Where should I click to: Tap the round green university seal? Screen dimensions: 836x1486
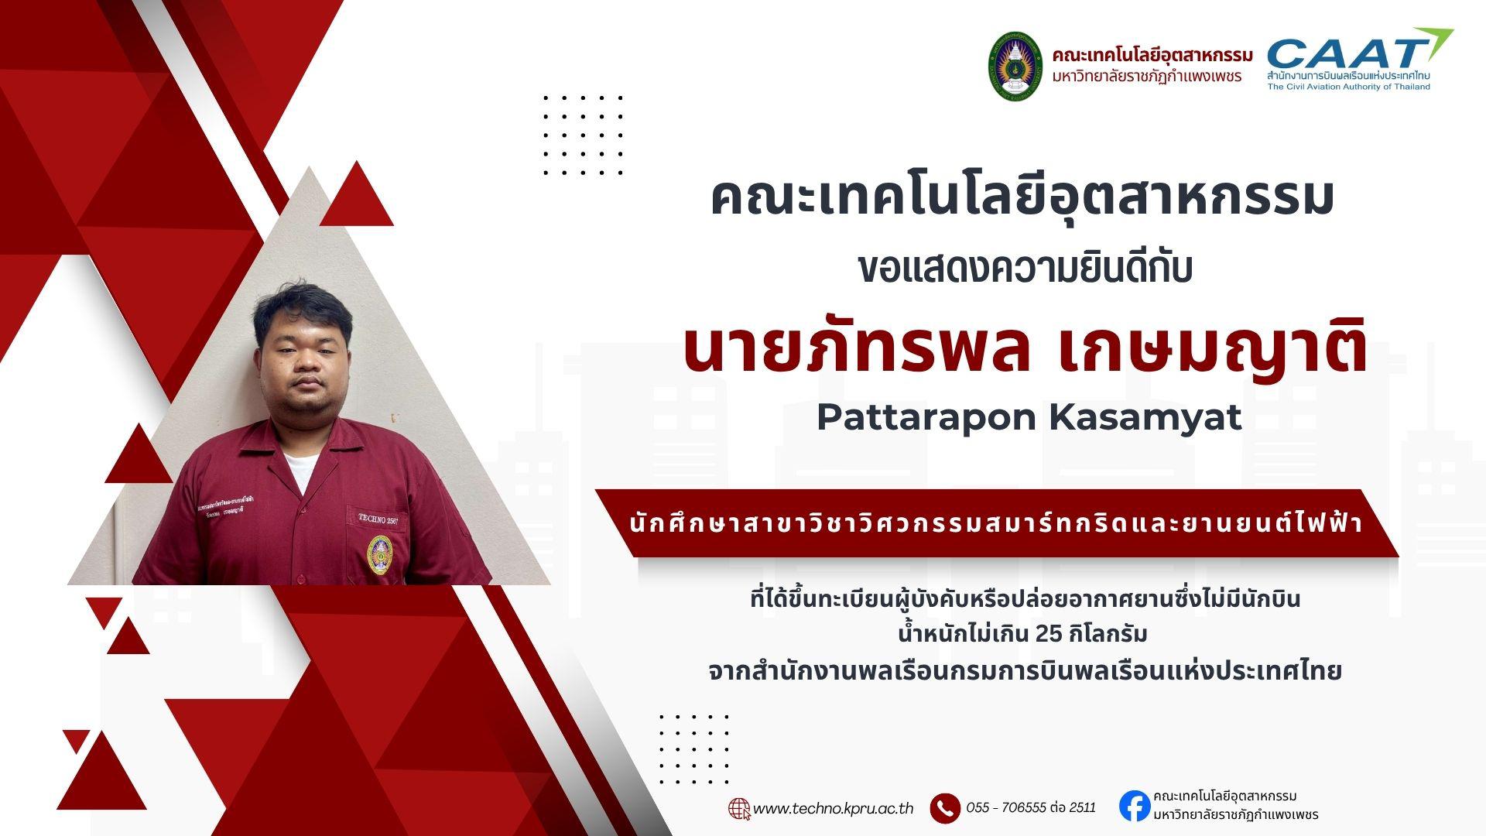pyautogui.click(x=1015, y=66)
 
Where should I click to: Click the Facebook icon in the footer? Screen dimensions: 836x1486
pyautogui.click(x=1134, y=806)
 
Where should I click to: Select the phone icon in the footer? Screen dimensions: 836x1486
pyautogui.click(x=945, y=809)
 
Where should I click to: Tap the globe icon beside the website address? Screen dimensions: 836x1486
pyautogui.click(x=739, y=809)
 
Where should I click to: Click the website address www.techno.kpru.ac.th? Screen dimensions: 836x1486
pyautogui.click(x=833, y=809)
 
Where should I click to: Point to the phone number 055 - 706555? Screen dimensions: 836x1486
pyautogui.click(x=1005, y=808)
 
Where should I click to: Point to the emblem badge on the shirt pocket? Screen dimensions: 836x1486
pyautogui.click(x=379, y=554)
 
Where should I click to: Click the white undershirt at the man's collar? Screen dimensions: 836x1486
pyautogui.click(x=300, y=469)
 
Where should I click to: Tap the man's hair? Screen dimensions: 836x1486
pyautogui.click(x=302, y=306)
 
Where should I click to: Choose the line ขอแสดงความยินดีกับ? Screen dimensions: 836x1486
pyautogui.click(x=1025, y=269)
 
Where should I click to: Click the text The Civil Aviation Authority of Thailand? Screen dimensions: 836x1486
pyautogui.click(x=1348, y=87)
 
